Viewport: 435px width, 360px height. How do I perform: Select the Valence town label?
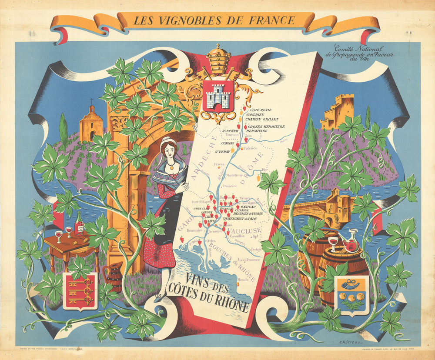[x=250, y=148]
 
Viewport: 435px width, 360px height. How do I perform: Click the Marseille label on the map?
[x=244, y=280]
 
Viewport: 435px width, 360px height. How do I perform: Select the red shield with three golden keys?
[x=80, y=291]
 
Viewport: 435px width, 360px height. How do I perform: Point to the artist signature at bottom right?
[x=351, y=343]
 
